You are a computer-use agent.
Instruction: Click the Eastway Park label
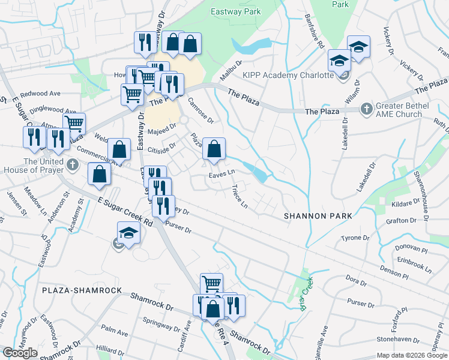click(x=236, y=11)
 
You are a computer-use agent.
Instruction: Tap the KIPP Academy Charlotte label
click(x=288, y=75)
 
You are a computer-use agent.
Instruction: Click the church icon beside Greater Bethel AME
click(x=366, y=110)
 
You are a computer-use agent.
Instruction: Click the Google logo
click(x=20, y=353)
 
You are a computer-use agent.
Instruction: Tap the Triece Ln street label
click(x=240, y=196)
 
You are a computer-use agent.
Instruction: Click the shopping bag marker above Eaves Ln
click(x=214, y=149)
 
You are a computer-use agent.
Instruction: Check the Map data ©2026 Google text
click(x=412, y=355)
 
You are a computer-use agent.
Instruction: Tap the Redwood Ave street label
click(x=40, y=94)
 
